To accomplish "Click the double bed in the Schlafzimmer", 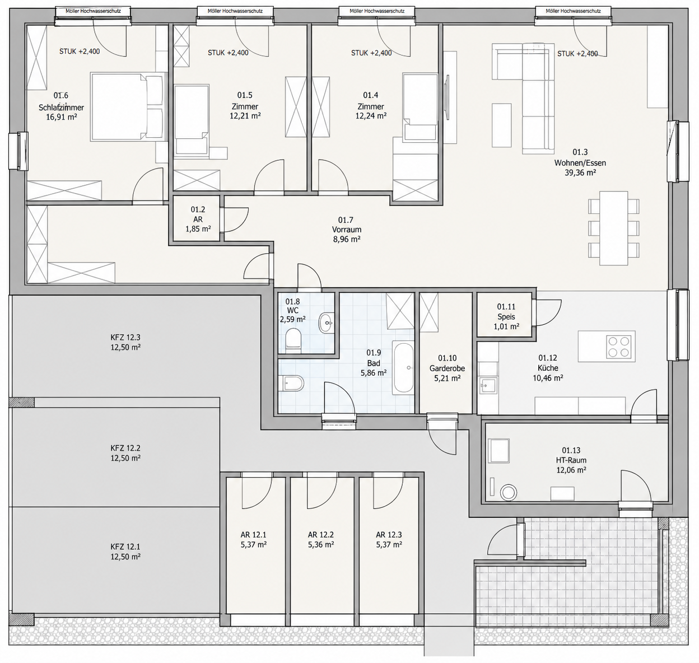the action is tap(128, 106).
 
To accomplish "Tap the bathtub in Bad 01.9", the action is tap(403, 367).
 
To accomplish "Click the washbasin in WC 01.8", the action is tap(325, 323).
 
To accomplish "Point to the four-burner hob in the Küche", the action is tap(620, 347).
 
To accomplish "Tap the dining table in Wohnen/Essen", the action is tap(614, 228).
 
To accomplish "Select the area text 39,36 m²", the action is tap(580, 173).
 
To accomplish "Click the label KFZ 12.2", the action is tap(125, 448).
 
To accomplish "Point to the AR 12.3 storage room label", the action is tap(389, 535).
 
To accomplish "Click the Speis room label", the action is tap(506, 316).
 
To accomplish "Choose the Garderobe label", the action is tap(447, 368).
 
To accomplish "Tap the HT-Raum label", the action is tap(571, 460).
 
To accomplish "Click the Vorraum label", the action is tap(346, 230).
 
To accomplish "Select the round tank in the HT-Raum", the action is tap(509, 493).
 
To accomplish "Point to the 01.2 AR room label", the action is tap(198, 219).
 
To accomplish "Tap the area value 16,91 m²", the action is tap(62, 116).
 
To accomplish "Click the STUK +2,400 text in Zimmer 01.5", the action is tap(228, 53).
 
